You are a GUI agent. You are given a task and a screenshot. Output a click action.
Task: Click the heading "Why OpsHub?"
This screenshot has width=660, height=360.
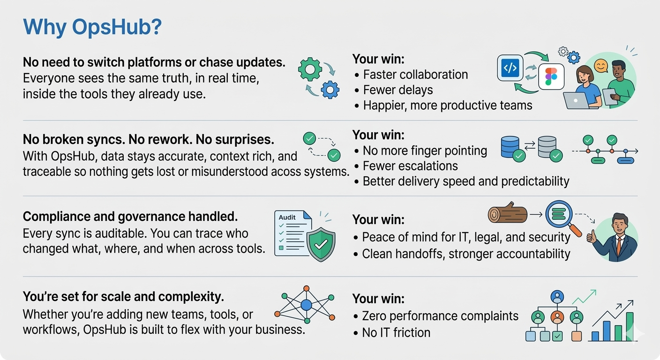pos(92,27)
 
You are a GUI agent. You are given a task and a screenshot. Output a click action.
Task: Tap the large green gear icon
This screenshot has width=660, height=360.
pos(310,69)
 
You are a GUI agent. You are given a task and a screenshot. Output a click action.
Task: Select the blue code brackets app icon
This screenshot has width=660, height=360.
pos(510,68)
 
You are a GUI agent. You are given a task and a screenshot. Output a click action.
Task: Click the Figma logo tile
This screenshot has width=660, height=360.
pos(551,76)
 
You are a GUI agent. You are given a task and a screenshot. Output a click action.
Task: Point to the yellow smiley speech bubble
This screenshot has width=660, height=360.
pos(601,66)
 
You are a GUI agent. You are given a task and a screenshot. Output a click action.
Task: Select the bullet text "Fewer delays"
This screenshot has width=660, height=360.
pos(398,90)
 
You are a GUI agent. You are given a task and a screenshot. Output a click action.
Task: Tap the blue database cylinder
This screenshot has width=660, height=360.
pos(510,146)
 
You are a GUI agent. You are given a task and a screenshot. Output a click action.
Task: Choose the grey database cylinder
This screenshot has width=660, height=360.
pos(547,146)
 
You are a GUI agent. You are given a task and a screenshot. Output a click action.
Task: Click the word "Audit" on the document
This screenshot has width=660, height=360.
pos(287,217)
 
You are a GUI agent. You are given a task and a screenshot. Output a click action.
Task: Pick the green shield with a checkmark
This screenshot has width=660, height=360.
pos(321,244)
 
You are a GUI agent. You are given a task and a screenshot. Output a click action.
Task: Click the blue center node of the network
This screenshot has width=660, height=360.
pos(307,305)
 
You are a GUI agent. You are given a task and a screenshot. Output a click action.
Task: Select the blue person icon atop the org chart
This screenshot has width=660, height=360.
pos(557,297)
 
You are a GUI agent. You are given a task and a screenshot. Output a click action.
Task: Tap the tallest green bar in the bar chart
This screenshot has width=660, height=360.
pos(630,326)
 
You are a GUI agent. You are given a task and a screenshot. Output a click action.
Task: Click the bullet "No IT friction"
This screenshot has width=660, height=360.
pos(396,333)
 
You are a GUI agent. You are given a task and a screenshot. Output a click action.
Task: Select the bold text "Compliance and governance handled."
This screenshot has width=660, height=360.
pos(130,217)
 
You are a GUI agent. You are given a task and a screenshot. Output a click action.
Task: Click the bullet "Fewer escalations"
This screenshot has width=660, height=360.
pos(410,166)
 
